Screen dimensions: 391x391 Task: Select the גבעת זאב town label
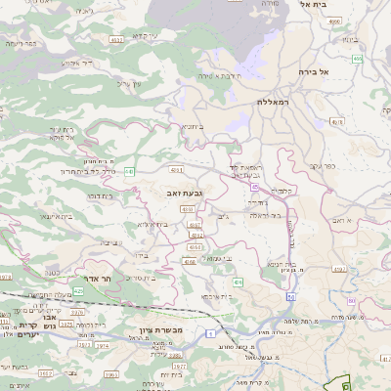[186, 195]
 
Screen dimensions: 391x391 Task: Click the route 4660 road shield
[335, 21]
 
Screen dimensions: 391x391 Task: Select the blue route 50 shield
[290, 297]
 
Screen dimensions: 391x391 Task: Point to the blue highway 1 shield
[211, 333]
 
